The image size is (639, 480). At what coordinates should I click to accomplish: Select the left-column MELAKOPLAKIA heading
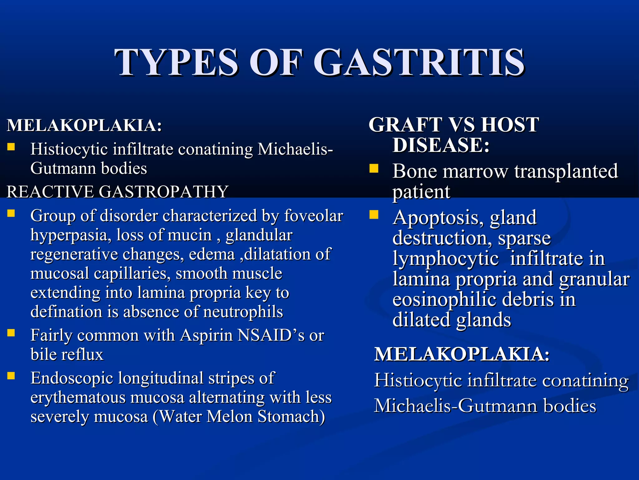point(84,125)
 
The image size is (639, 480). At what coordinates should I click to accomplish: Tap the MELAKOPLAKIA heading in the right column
point(462,354)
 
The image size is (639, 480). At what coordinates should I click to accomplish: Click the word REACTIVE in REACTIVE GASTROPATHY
point(50,191)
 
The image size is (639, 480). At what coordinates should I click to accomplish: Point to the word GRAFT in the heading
point(406,125)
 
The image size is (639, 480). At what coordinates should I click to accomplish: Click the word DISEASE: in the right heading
point(441,145)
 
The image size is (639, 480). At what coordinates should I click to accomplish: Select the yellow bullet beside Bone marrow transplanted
point(373,169)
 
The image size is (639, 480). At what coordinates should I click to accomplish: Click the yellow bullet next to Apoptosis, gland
point(373,215)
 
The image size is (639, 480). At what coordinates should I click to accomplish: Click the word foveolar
point(314,216)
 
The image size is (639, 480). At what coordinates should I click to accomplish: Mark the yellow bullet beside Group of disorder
point(11,213)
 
